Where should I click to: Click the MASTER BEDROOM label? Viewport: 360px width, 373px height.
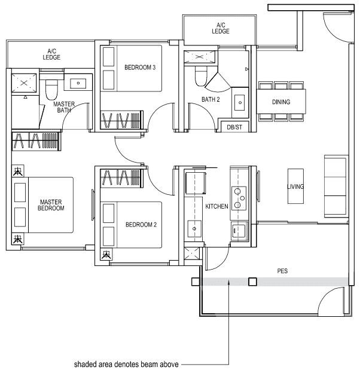click(51, 205)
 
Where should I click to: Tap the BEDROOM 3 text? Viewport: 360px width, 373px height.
click(140, 68)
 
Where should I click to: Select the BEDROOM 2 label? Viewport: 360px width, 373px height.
click(141, 225)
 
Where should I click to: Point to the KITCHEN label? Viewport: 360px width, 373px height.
click(216, 206)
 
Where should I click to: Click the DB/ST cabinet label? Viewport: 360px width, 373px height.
click(235, 127)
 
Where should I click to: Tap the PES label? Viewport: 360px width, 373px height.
click(282, 271)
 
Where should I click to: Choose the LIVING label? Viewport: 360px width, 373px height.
click(295, 187)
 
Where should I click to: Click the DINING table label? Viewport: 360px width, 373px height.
click(281, 102)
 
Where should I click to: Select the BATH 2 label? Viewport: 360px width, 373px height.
click(210, 100)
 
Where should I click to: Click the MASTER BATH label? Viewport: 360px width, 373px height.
click(65, 107)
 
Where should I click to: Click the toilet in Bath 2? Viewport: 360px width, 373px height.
click(201, 75)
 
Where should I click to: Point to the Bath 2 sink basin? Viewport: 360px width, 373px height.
click(240, 102)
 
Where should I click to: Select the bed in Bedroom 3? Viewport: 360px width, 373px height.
click(132, 68)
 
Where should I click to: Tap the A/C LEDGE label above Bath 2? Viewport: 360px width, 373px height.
click(220, 28)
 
